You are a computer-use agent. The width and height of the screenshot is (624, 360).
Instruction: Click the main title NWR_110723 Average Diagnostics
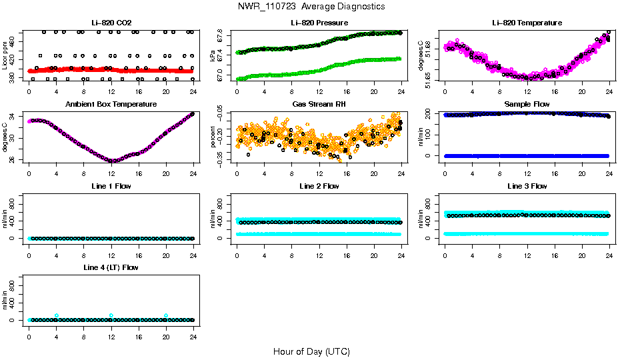coord(311,7)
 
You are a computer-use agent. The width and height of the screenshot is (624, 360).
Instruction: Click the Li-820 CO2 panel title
coord(111,23)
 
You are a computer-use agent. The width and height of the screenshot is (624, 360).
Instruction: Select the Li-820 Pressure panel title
coord(319,23)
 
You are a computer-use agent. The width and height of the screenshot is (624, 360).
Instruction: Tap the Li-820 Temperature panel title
coord(527,23)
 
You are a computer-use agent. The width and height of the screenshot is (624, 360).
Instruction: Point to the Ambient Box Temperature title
coord(111,105)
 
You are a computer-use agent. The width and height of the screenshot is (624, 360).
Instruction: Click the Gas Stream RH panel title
coord(319,105)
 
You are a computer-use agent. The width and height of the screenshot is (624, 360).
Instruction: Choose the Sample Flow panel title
coord(527,105)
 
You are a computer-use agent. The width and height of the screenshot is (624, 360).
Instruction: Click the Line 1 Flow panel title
coord(111,186)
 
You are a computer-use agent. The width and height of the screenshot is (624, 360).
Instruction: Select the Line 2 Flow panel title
coord(319,186)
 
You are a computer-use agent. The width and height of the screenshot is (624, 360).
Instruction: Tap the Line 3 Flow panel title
coord(527,186)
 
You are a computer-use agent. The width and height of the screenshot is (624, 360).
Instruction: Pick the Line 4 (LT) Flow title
coord(111,267)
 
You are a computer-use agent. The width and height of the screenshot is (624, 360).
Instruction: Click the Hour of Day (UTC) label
coord(311,351)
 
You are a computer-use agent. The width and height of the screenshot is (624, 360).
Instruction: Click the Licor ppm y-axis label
coord(5,54)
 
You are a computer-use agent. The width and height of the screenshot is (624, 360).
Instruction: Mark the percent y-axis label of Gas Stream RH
coord(213,136)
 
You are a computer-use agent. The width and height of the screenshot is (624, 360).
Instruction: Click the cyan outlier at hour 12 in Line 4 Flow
coord(111,315)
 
